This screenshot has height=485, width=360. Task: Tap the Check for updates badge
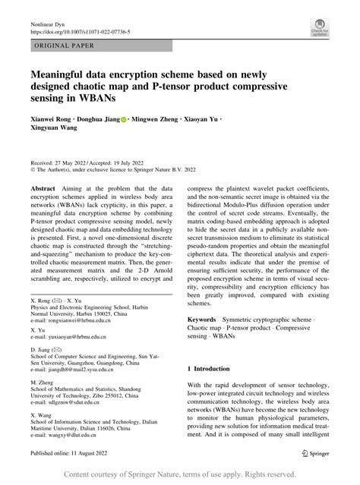(319, 28)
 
